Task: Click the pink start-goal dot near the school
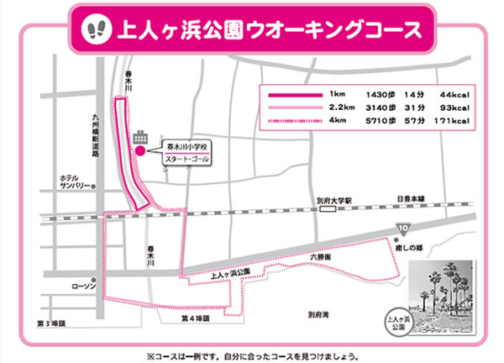click(140, 151)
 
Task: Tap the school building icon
click(139, 136)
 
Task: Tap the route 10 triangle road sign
click(403, 228)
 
